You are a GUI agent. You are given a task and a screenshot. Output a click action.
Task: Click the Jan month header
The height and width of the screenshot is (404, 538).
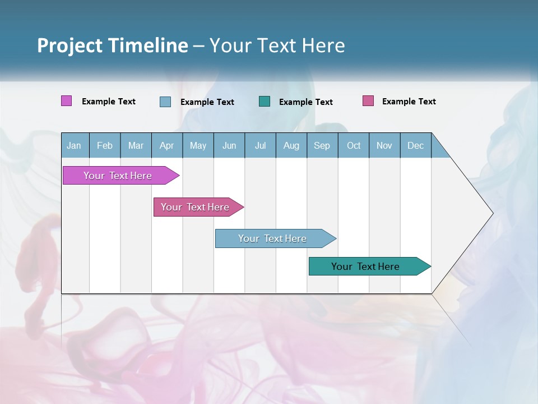click(x=74, y=145)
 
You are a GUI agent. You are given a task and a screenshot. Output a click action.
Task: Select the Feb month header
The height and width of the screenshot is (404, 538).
click(x=105, y=145)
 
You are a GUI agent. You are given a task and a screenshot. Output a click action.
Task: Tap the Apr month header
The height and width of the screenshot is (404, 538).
click(x=166, y=145)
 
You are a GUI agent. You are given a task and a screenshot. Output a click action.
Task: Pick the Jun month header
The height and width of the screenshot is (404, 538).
click(x=229, y=145)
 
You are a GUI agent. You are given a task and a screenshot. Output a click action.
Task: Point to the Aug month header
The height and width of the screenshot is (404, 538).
click(x=291, y=145)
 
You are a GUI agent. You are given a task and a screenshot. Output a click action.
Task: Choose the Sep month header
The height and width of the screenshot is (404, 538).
click(x=322, y=145)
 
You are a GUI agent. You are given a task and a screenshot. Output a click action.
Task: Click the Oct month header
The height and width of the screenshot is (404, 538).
click(x=354, y=145)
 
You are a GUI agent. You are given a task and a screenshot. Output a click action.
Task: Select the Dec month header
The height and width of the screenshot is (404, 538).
click(x=415, y=145)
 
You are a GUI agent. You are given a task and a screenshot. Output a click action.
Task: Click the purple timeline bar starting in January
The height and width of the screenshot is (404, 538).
click(x=118, y=176)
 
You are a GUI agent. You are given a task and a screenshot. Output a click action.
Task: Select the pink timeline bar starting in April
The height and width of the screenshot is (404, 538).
click(x=195, y=207)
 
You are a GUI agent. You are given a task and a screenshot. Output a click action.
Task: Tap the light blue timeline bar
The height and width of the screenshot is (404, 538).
click(x=272, y=238)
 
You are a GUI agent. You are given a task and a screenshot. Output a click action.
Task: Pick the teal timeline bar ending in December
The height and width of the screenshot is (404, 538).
click(x=365, y=267)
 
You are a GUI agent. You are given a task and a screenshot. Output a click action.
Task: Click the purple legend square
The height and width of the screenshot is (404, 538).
click(x=67, y=101)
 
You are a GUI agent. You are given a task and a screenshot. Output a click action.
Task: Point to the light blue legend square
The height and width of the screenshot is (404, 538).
click(x=165, y=102)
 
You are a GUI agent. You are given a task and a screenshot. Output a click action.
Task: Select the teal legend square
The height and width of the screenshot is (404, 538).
click(x=265, y=102)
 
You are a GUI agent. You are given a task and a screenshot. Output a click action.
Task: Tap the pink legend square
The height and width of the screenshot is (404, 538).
click(x=368, y=101)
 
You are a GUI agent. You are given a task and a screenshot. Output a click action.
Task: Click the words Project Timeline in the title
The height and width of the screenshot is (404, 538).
click(x=113, y=45)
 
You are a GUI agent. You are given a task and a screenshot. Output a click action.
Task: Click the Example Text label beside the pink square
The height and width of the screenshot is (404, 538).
click(x=409, y=102)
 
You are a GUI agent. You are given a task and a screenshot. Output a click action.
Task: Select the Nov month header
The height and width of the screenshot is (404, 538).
click(x=384, y=145)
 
